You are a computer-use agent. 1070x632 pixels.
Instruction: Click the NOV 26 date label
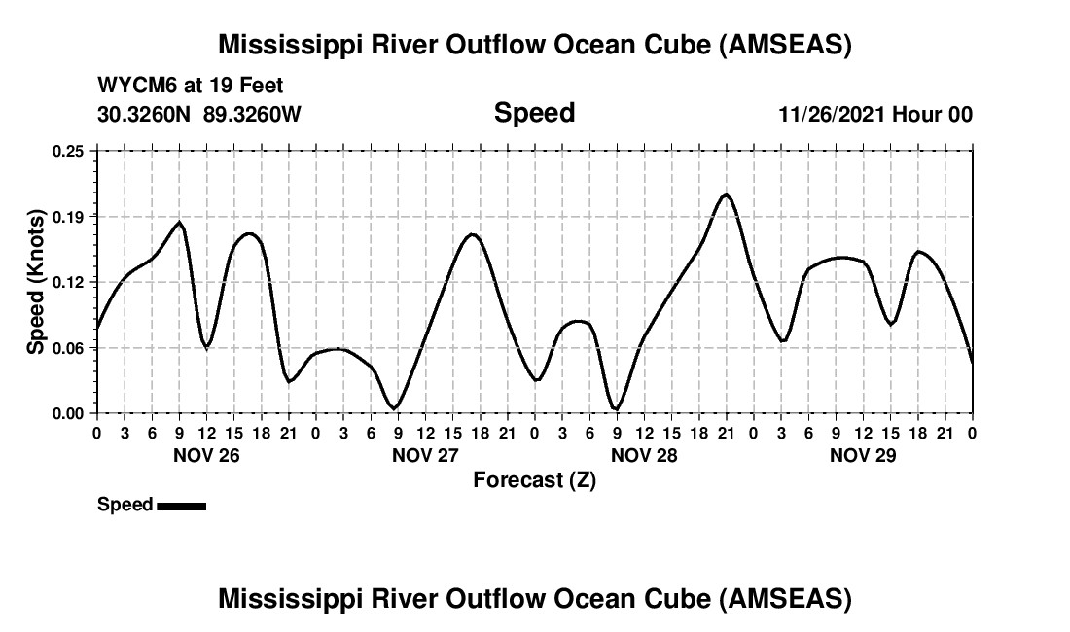[x=205, y=455]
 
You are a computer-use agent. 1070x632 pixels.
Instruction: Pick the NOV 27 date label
[x=425, y=455]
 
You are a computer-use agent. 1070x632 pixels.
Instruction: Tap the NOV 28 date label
[x=644, y=455]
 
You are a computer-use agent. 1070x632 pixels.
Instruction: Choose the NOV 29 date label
[x=863, y=455]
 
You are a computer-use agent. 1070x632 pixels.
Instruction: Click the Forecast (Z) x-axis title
[x=534, y=479]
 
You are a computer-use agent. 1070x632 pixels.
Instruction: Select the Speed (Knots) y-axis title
[x=36, y=282]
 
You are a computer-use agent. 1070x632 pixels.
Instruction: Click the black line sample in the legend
[x=181, y=506]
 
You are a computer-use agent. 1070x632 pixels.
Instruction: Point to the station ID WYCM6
[x=132, y=87]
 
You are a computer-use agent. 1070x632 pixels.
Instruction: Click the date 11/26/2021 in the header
[x=833, y=114]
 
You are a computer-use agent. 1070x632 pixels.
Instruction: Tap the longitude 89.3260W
[x=252, y=114]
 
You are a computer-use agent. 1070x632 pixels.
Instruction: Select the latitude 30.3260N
[x=146, y=114]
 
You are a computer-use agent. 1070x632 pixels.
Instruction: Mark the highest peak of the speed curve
[x=726, y=194]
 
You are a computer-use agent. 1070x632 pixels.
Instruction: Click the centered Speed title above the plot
[x=534, y=113]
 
